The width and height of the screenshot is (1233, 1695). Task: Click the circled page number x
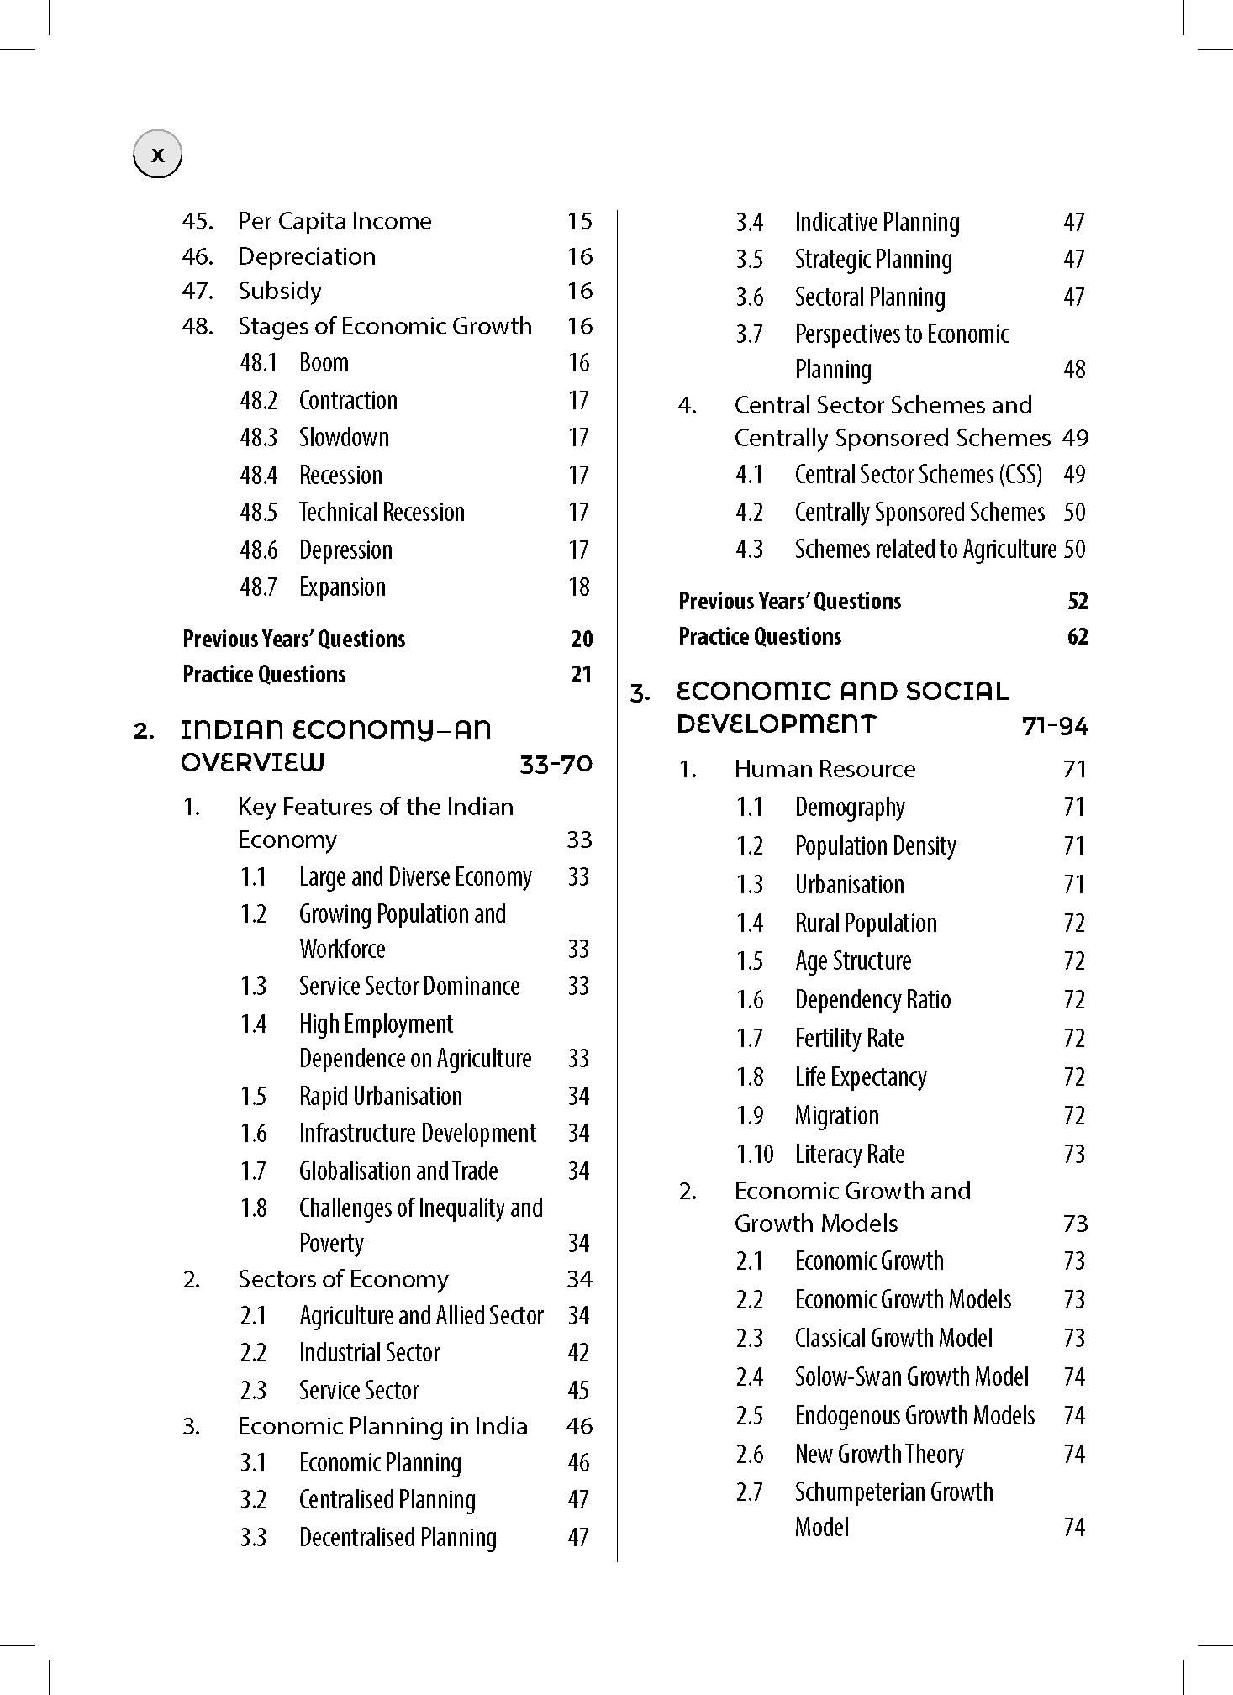tap(157, 155)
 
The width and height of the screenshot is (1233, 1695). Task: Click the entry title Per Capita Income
tap(335, 221)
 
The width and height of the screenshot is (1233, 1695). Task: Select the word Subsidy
tap(280, 291)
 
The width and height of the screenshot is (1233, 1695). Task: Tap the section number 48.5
tap(258, 512)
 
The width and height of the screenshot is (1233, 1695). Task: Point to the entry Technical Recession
tap(382, 512)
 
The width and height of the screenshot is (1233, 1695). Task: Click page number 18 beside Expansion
tap(579, 587)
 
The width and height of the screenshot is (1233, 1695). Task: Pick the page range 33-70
tap(556, 764)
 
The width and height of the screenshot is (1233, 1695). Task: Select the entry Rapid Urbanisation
tap(381, 1096)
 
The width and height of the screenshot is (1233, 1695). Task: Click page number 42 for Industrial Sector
tap(578, 1352)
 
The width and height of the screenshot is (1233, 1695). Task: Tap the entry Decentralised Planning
tap(398, 1537)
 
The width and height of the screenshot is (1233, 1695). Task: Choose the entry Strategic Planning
tap(873, 260)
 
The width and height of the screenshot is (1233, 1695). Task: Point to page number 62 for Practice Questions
tap(1078, 636)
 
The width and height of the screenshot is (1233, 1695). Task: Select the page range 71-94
tap(1055, 725)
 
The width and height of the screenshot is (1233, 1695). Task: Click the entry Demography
tap(850, 808)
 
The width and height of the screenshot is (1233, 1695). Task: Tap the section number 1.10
tap(755, 1154)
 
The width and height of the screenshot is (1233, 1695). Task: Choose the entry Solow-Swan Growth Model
tap(912, 1377)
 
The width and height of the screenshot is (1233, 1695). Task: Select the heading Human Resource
tap(825, 769)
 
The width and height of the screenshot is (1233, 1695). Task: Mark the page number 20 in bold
tap(582, 639)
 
